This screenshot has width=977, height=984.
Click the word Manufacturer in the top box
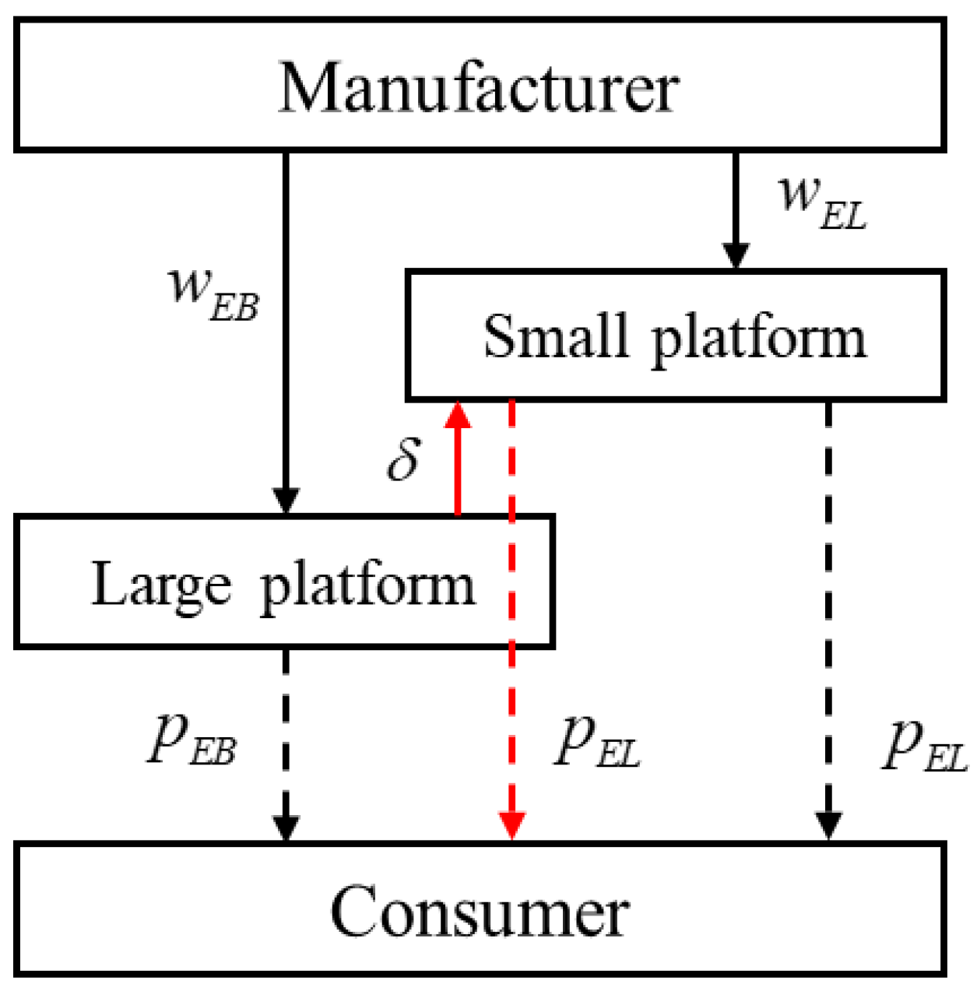(478, 87)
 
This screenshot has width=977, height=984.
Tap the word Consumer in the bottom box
(480, 911)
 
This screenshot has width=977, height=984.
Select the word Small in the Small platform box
(555, 336)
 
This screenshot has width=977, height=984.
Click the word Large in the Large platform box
(161, 584)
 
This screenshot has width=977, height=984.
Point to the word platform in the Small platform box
(758, 339)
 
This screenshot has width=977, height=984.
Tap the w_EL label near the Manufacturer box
(822, 202)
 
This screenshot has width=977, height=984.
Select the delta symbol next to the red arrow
(404, 459)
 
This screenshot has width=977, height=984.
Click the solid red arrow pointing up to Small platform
(458, 467)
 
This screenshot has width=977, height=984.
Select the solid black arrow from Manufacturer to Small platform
(736, 202)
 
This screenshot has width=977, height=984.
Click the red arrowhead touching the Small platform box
(458, 416)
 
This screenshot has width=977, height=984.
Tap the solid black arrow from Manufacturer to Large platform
(286, 327)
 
